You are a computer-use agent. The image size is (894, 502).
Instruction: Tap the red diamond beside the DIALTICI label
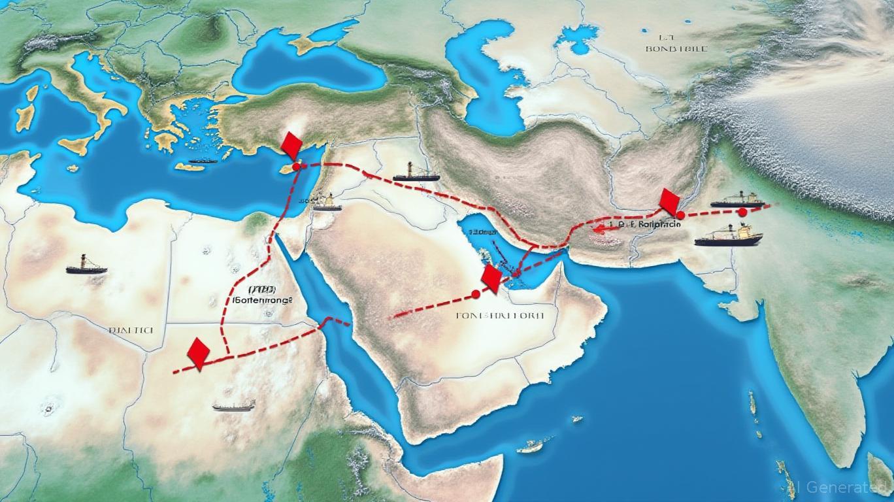[x=198, y=352]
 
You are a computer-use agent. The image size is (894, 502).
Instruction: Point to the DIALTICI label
[x=131, y=331]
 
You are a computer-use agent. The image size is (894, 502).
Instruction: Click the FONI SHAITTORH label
[x=499, y=315]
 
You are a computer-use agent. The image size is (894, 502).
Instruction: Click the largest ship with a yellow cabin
[x=729, y=236]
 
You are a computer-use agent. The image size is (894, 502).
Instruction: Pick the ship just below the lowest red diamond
[x=233, y=406]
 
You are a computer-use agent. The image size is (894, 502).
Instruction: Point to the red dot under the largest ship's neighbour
[x=742, y=212]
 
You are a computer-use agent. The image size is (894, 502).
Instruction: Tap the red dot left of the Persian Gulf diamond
[x=476, y=295]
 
